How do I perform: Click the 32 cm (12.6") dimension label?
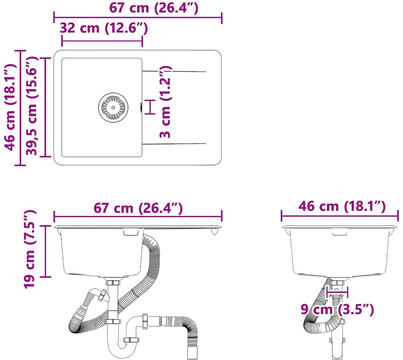coord(104,28)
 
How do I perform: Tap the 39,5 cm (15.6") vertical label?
coord(32,106)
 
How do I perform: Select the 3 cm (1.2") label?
coord(165,102)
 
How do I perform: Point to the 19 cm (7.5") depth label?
coord(30,249)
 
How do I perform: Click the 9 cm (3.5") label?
coord(337,309)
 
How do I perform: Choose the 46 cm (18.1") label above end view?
coord(342,206)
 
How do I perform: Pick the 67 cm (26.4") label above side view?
coord(138,208)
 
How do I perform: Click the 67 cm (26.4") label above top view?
coord(154,8)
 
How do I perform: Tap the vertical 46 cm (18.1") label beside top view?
coord(10,108)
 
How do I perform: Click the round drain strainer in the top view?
coord(113,108)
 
